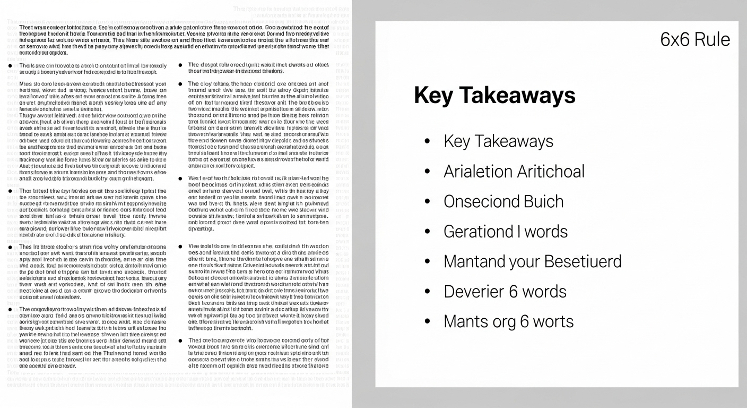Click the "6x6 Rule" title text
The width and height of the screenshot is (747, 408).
coord(695,39)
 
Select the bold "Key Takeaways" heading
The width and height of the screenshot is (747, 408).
coord(494,95)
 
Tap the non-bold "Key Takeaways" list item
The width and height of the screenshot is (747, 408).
coord(498,141)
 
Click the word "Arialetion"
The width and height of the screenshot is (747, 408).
coord(479,172)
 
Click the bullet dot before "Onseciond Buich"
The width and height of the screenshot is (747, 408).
coord(427,202)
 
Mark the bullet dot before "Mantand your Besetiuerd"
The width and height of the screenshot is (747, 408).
coord(427,262)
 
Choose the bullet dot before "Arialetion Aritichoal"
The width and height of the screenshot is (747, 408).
coord(427,172)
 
